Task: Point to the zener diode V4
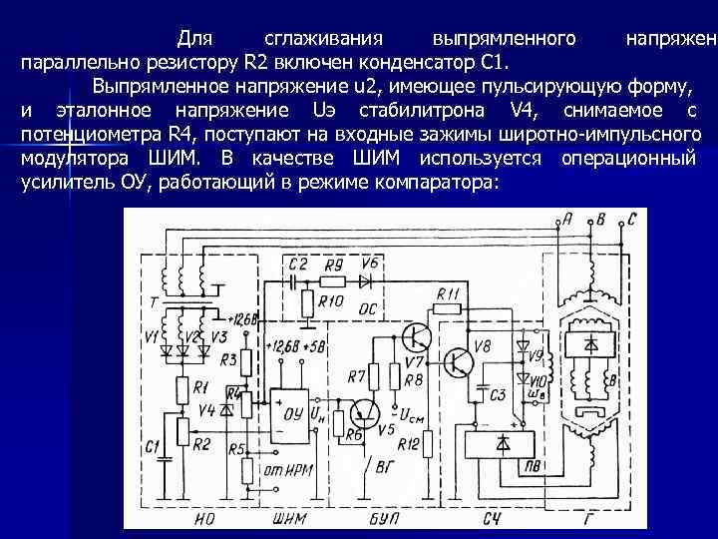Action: tap(226, 410)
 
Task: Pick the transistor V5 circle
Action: tap(364, 411)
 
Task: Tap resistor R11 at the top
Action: tap(447, 308)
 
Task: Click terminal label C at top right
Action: tap(632, 218)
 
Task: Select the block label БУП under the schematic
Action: tap(383, 517)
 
